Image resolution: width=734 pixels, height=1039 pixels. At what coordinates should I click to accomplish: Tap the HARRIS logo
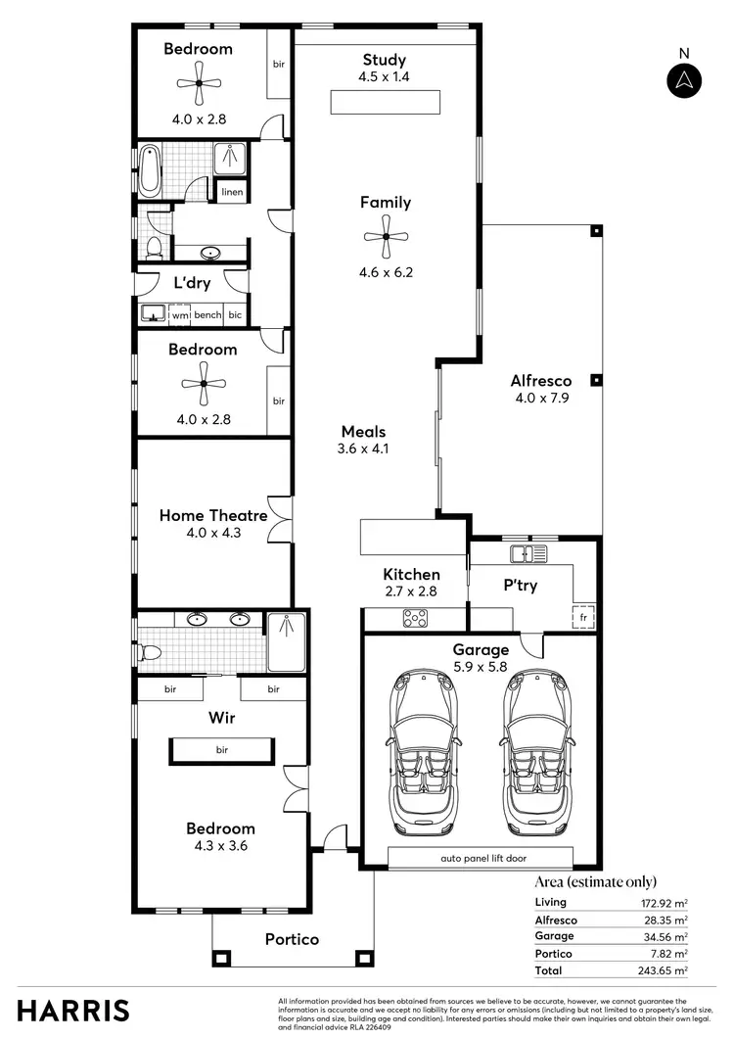73,1009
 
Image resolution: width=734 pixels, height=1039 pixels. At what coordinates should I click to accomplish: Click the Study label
385,60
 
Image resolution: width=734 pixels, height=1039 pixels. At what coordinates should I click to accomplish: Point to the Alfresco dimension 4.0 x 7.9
541,399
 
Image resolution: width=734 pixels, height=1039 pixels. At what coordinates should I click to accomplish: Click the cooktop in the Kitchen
415,618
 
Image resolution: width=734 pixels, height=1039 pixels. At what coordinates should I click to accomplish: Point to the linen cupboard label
232,192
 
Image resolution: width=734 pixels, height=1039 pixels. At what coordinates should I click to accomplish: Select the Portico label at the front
292,939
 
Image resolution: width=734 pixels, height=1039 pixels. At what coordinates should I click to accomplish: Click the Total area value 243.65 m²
665,970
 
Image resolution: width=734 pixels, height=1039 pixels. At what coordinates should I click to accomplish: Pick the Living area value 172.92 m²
665,902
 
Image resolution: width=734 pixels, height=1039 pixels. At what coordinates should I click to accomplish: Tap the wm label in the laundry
180,314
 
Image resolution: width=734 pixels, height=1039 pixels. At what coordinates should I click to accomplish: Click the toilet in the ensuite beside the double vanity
149,651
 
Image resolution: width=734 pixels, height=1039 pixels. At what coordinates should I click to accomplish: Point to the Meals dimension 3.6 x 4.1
363,449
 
